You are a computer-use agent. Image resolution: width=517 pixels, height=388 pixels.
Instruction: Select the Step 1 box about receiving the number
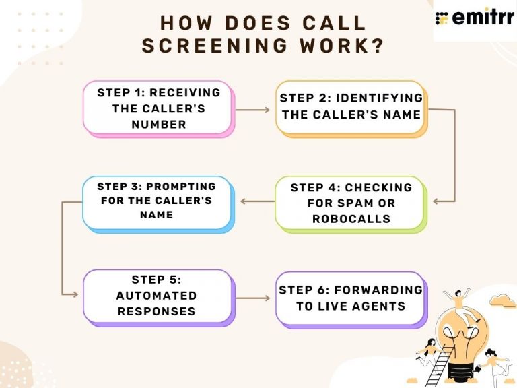click(157, 108)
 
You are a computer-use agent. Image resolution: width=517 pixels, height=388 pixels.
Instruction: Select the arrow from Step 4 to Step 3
click(256, 201)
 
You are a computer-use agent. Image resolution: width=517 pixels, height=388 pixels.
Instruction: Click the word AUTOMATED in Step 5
click(157, 295)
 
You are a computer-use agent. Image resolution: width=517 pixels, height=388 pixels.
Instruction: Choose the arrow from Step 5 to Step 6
click(254, 297)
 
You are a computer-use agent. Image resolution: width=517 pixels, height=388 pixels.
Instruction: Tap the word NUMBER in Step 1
click(159, 124)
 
